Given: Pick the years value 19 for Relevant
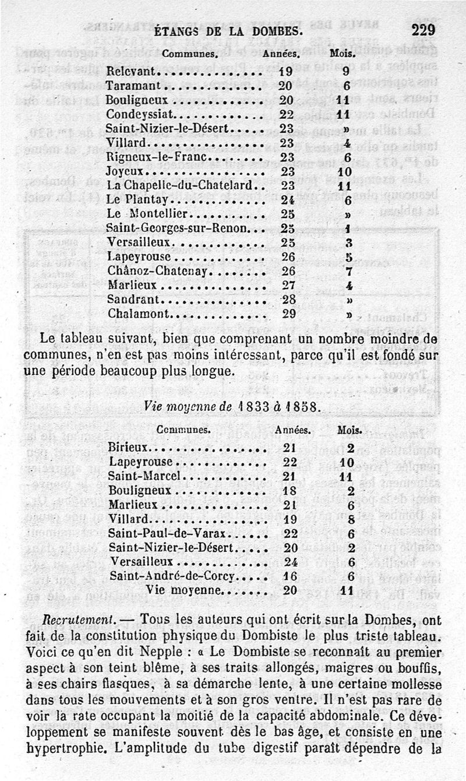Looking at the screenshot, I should (x=285, y=73).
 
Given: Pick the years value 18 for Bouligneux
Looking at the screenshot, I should (x=290, y=491).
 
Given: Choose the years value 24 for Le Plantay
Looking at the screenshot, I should (x=285, y=199).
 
